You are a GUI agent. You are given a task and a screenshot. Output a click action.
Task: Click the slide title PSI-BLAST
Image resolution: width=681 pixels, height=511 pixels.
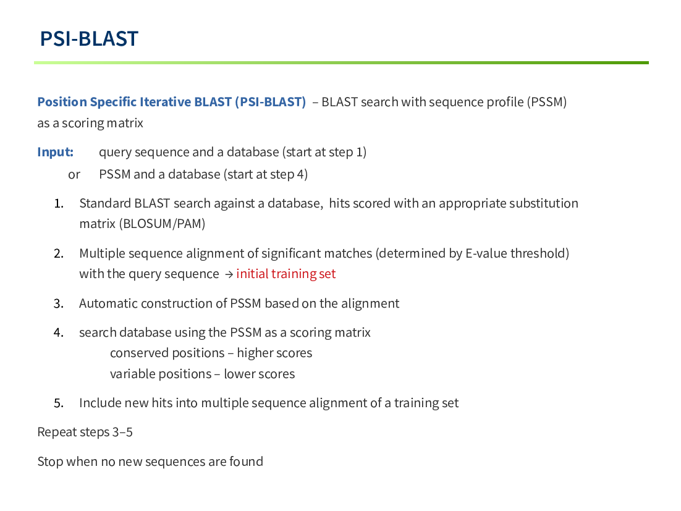pos(89,39)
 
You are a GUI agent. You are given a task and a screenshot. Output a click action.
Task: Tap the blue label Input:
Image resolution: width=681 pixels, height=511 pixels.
pos(55,152)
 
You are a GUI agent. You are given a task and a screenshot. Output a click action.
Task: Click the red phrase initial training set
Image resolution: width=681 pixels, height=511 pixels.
pos(286,274)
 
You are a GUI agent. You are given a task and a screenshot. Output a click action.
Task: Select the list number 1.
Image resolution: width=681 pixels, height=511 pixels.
pos(59,204)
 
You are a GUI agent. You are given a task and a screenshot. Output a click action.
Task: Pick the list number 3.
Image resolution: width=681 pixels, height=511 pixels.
pos(59,303)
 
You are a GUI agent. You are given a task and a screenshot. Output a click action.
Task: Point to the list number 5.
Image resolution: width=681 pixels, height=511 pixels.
pos(59,403)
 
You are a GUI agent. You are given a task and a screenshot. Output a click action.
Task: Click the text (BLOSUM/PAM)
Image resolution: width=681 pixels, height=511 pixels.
pos(162,224)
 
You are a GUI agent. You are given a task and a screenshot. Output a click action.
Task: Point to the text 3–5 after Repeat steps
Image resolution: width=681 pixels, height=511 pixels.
pos(122,433)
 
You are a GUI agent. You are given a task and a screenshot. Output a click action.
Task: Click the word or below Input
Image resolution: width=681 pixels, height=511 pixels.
pos(74,174)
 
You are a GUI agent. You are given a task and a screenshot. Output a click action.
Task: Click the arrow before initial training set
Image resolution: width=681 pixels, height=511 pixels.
pos(229,274)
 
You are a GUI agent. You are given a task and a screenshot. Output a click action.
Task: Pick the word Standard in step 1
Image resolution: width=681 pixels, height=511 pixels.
pos(106,203)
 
